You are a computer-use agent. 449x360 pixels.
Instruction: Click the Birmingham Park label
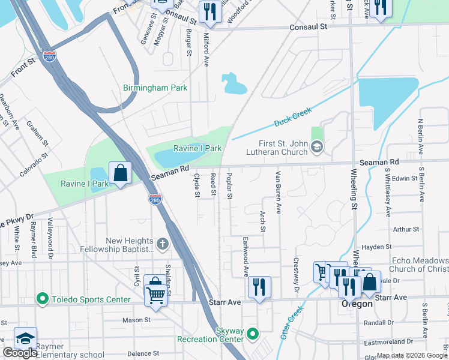click(155, 88)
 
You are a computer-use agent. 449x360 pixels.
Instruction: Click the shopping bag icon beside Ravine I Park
click(121, 173)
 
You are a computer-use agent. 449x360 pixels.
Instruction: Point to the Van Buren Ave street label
click(278, 192)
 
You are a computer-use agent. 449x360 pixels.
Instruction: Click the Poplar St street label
click(229, 186)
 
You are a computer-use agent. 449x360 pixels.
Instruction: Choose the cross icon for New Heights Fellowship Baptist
click(162, 244)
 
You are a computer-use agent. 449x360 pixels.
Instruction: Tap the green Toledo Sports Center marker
click(42, 299)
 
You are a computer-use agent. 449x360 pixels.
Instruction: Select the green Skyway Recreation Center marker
click(253, 334)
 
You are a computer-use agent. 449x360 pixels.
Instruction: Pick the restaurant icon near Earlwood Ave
click(259, 286)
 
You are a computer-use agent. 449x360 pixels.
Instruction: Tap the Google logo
click(20, 353)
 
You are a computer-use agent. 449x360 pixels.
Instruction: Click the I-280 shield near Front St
click(50, 57)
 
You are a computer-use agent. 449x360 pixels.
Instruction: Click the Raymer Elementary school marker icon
click(26, 338)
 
